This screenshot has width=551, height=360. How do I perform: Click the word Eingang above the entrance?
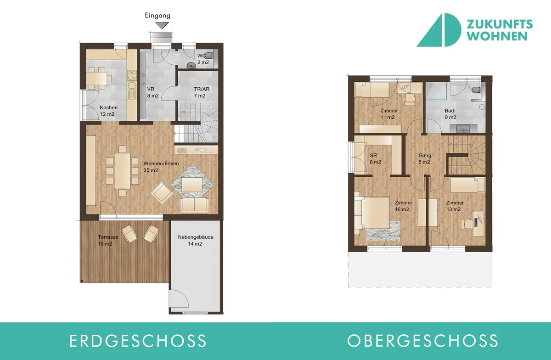click(157, 16)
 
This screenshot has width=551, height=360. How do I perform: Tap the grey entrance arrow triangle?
click(162, 25)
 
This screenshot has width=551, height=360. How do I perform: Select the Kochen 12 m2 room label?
click(108, 111)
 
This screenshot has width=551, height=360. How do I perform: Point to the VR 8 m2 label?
click(153, 92)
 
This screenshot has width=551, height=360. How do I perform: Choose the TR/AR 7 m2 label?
click(202, 92)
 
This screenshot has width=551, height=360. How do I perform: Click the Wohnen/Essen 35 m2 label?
click(161, 167)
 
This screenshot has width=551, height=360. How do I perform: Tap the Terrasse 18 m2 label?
click(108, 241)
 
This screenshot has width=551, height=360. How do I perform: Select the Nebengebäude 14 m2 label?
click(196, 241)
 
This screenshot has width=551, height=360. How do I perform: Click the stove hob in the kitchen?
click(132, 75)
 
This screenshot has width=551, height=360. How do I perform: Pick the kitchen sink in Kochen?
click(132, 91)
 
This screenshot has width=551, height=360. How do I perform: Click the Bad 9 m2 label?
click(450, 114)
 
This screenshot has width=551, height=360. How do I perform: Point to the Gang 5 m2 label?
click(425, 159)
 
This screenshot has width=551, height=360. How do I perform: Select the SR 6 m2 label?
click(376, 159)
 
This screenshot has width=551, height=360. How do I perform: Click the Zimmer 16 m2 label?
click(404, 206)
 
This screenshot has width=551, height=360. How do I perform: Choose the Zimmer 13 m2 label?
click(455, 206)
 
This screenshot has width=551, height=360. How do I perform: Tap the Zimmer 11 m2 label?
click(389, 114)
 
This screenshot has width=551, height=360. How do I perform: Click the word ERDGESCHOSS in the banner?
click(138, 341)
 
